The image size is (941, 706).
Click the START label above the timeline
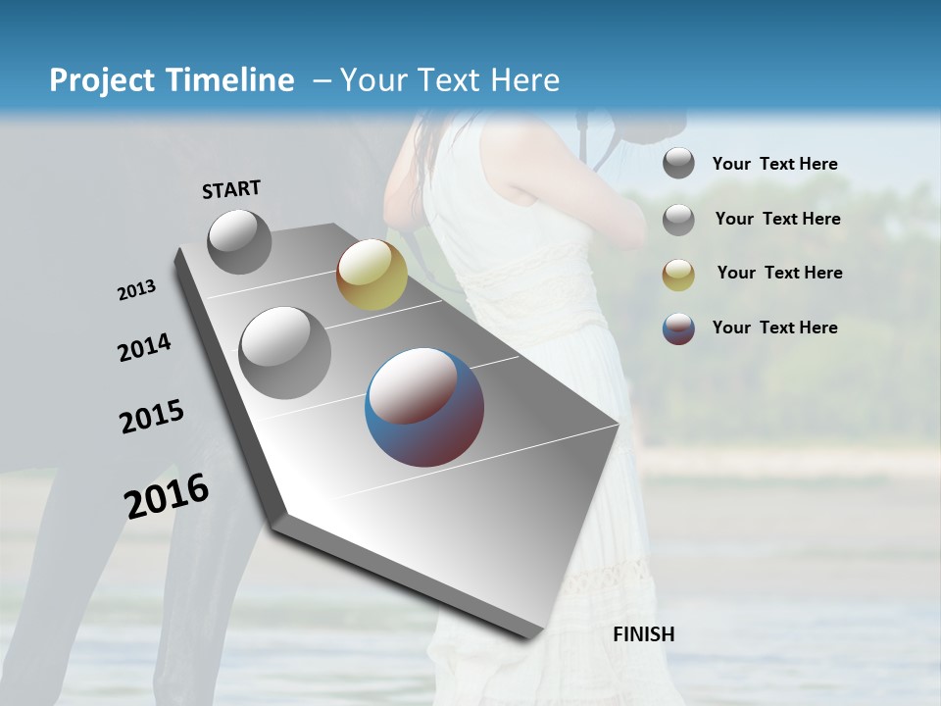point(231,189)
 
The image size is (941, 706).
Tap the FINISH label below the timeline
point(643,634)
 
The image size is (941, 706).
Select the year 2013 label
point(137,290)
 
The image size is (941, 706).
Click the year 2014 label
point(144,347)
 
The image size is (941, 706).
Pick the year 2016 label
point(167,496)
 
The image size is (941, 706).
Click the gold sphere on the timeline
point(371,275)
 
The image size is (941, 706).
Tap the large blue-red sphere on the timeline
point(424,407)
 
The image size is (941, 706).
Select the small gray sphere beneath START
point(239,241)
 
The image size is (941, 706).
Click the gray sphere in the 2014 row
point(285,353)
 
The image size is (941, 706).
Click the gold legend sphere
point(678,276)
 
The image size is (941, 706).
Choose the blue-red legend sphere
point(678,329)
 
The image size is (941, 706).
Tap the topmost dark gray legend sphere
point(678,163)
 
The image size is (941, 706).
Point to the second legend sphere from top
point(678,220)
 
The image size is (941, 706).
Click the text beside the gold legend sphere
point(779,273)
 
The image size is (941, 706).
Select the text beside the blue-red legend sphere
point(774,328)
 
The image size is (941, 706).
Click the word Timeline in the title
point(239,80)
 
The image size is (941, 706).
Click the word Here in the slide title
point(523,80)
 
